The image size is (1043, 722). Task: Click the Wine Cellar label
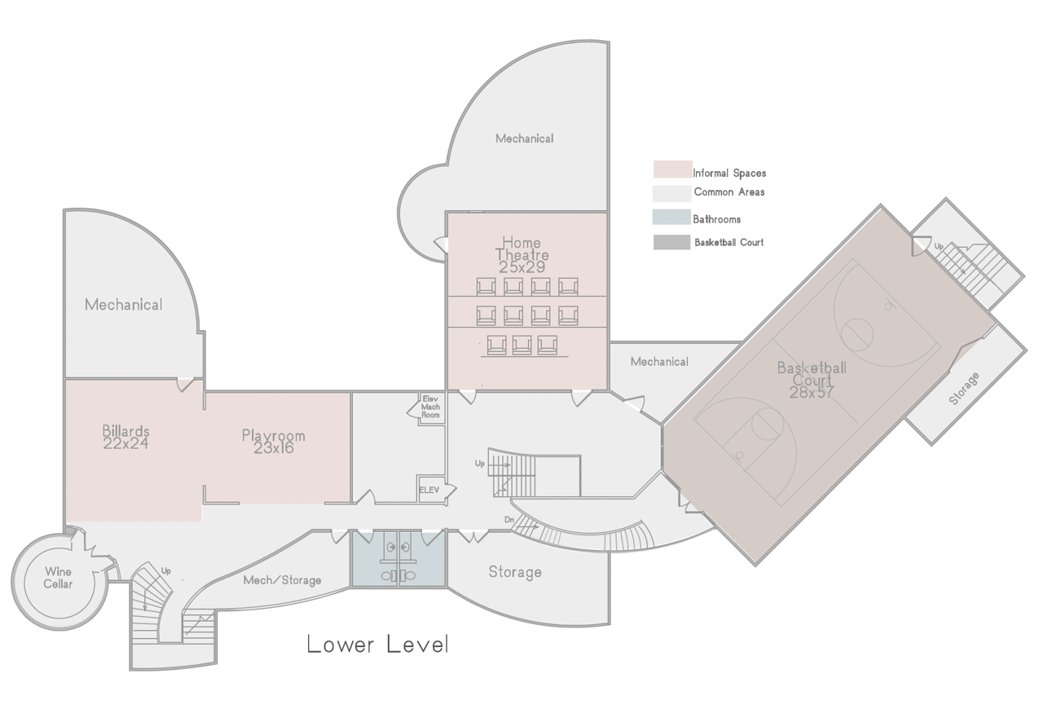pyautogui.click(x=58, y=578)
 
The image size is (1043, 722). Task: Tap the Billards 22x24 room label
pyautogui.click(x=125, y=437)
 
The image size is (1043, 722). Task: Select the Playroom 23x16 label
pyautogui.click(x=273, y=442)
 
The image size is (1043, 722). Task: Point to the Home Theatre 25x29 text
pyautogui.click(x=521, y=255)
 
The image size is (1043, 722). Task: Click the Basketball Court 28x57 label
pyautogui.click(x=812, y=380)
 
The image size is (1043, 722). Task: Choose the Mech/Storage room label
pyautogui.click(x=282, y=580)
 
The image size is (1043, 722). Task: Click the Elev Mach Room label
pyautogui.click(x=430, y=407)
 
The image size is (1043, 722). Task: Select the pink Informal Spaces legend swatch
pyautogui.click(x=672, y=169)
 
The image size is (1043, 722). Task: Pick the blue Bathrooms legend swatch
pyautogui.click(x=671, y=217)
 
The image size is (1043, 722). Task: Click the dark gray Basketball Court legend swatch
pyautogui.click(x=671, y=242)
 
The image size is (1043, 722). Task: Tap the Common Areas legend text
pyautogui.click(x=729, y=192)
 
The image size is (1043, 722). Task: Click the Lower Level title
pyautogui.click(x=377, y=645)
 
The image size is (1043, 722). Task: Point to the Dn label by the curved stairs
pyautogui.click(x=509, y=519)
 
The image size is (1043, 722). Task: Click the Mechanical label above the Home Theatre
pyautogui.click(x=524, y=139)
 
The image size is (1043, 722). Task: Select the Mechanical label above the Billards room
pyautogui.click(x=123, y=305)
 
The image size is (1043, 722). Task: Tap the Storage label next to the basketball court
pyautogui.click(x=964, y=389)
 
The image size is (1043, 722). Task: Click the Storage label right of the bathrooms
pyautogui.click(x=515, y=572)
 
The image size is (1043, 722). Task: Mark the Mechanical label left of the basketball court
pyautogui.click(x=659, y=362)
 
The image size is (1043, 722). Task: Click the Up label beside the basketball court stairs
pyautogui.click(x=939, y=246)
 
